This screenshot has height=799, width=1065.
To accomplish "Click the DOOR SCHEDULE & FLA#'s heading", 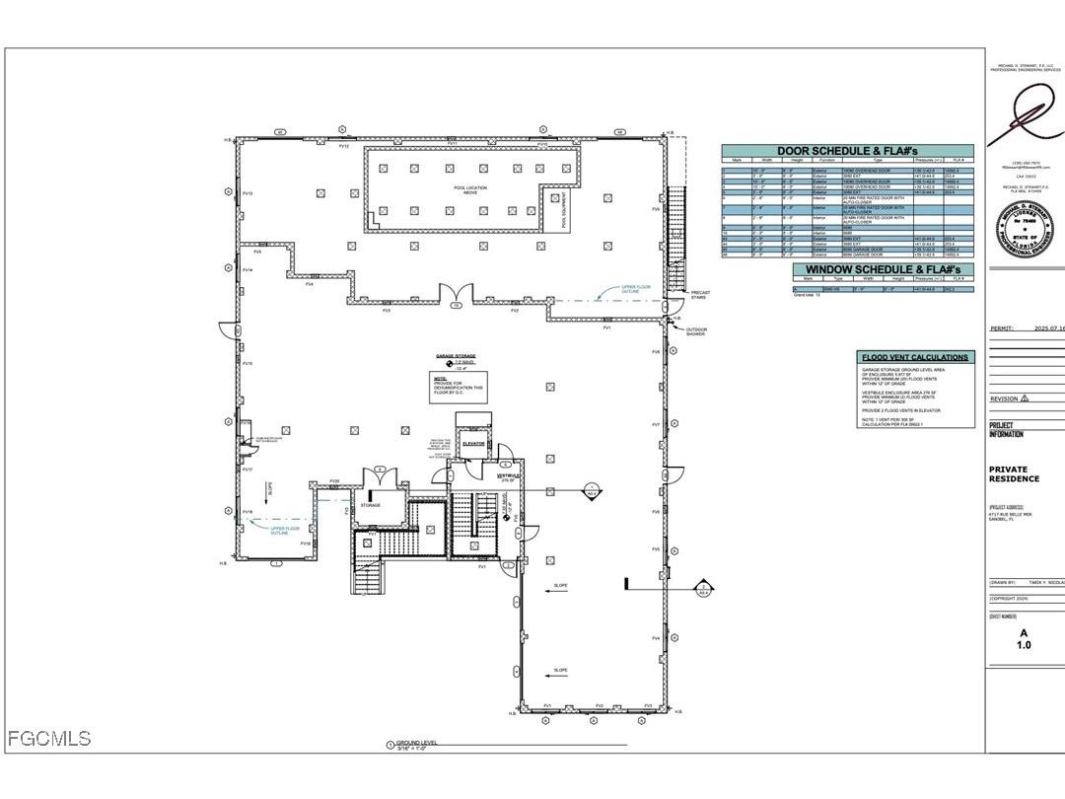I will [847, 151].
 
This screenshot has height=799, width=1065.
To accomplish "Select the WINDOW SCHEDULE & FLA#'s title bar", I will [883, 269].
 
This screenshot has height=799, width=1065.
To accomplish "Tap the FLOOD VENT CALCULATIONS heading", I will [915, 357].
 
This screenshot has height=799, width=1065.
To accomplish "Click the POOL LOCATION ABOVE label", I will [463, 190].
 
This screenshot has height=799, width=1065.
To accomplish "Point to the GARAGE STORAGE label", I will [456, 355].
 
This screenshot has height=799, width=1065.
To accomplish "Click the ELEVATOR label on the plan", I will [474, 445].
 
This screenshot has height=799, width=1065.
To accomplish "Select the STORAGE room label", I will [370, 505].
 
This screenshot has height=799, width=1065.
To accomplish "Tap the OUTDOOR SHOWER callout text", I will [696, 332].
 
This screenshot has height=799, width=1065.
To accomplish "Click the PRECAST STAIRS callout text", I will [699, 294].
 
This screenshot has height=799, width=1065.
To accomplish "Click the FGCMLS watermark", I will [49, 738].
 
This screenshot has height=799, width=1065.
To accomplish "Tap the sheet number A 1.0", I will [1024, 639].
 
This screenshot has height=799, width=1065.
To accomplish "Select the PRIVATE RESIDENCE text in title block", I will [1014, 474].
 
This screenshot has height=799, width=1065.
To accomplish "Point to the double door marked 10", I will [456, 295].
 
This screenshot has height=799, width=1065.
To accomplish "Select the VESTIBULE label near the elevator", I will [508, 475].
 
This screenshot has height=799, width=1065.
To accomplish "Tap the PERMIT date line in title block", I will [1026, 328].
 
